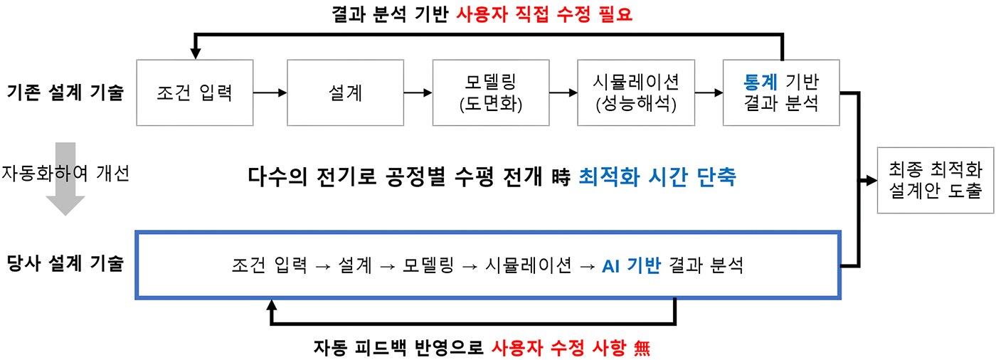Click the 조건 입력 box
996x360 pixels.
pos(194,92)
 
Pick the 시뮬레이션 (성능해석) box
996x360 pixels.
pos(635,92)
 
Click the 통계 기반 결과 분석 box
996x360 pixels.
pos(780,92)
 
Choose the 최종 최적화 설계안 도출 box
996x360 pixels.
pos(935,181)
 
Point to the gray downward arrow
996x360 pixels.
pos(65,179)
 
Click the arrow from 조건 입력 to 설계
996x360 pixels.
pos(270,92)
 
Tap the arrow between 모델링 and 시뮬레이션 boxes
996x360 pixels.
pos(563,92)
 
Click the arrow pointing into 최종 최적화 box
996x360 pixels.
pos(869,181)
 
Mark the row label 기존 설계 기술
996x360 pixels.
pos(65,92)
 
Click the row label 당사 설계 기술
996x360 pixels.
pos(65,264)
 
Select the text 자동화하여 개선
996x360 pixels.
pos(65,173)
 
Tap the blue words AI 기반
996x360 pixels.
pos(631,265)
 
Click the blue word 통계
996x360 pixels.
pos(758,82)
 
